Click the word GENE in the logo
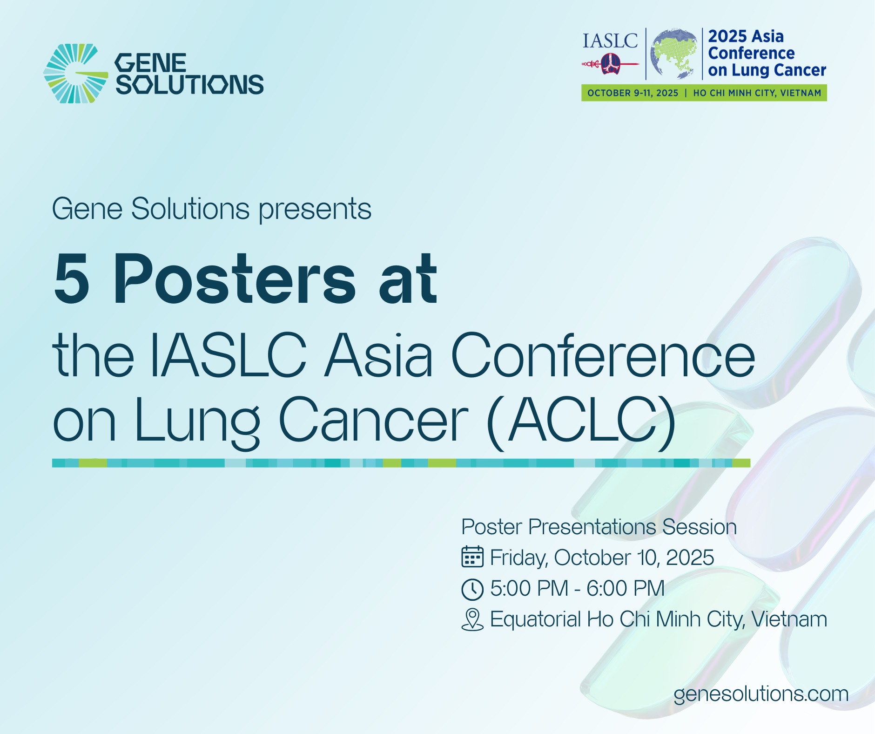[150, 63]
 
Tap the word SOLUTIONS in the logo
[189, 84]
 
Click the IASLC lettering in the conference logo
[610, 41]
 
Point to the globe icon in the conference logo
[674, 54]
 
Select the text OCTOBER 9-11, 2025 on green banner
[633, 93]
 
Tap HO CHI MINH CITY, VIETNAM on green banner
[757, 93]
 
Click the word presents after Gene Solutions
[315, 209]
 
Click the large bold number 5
[72, 279]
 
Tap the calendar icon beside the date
[472, 557]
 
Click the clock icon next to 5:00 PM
[472, 589]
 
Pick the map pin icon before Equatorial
[472, 620]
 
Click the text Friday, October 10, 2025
[602, 557]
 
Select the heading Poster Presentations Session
[599, 527]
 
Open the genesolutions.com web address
[761, 694]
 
